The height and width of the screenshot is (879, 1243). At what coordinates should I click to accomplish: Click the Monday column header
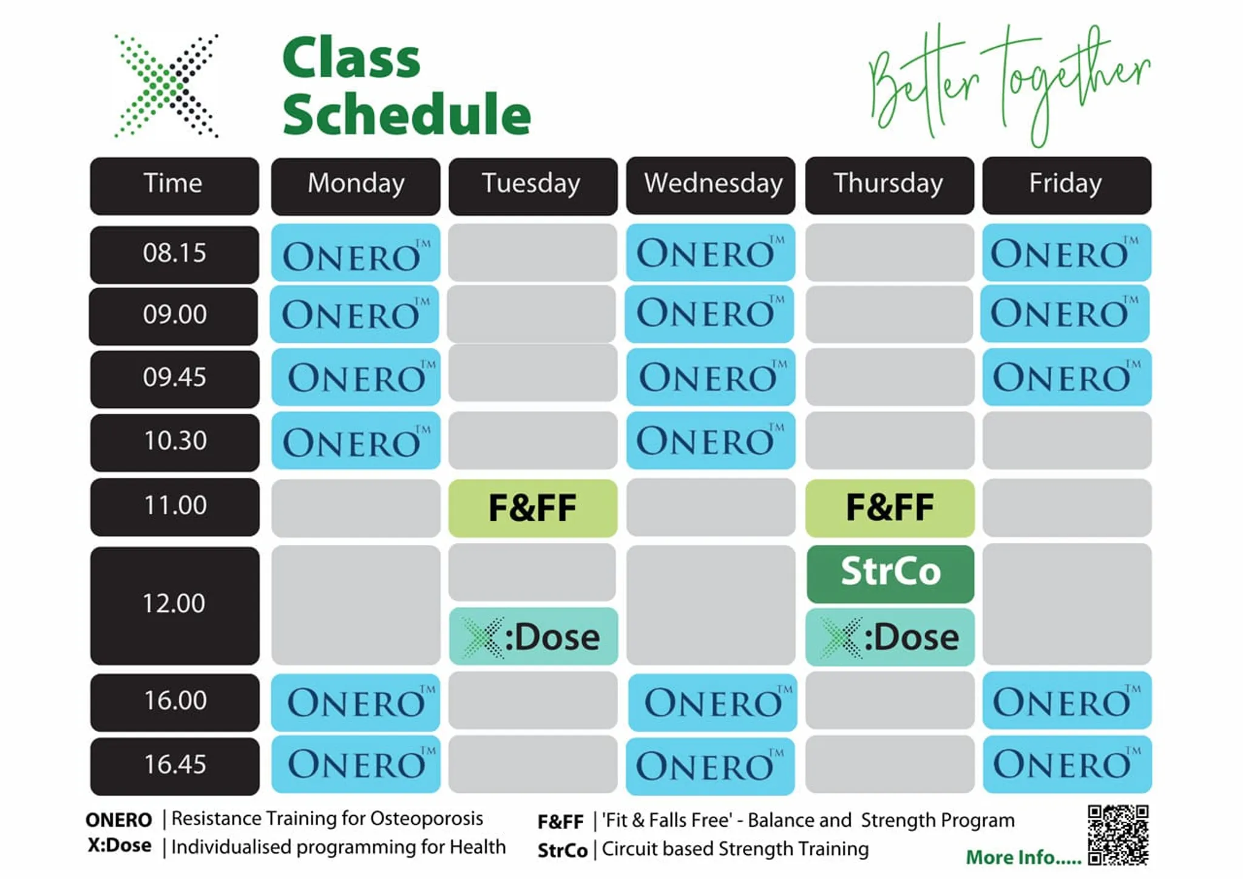[356, 186]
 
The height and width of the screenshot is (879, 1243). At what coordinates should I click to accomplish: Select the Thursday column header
[889, 185]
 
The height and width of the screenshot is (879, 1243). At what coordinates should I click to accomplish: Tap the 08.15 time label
[175, 254]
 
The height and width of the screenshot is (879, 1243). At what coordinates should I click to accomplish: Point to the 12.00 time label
[175, 605]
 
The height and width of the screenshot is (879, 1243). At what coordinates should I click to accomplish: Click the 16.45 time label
[175, 766]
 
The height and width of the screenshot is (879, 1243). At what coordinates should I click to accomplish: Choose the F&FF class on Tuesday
[533, 508]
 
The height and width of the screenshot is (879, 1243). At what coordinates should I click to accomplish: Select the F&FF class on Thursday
[890, 508]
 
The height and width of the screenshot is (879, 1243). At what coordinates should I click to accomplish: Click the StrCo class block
[890, 574]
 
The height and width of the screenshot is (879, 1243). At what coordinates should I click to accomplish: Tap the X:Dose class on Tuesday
[533, 636]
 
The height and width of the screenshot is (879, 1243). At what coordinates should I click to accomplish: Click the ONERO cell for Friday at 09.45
[1067, 376]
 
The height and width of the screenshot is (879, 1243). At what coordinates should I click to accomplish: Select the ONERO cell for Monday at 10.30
[356, 440]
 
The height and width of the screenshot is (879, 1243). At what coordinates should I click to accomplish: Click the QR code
[1118, 834]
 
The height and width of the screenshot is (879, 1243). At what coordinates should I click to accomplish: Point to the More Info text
[1023, 857]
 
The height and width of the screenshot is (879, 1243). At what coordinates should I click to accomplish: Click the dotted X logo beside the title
[166, 86]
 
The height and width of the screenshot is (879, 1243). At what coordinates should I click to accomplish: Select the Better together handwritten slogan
[1009, 84]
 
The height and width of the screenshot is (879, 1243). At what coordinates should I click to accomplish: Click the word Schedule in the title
[407, 114]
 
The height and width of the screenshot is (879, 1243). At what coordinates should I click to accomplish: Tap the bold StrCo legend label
[562, 850]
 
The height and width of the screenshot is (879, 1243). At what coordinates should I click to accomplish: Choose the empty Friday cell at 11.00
[1067, 507]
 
